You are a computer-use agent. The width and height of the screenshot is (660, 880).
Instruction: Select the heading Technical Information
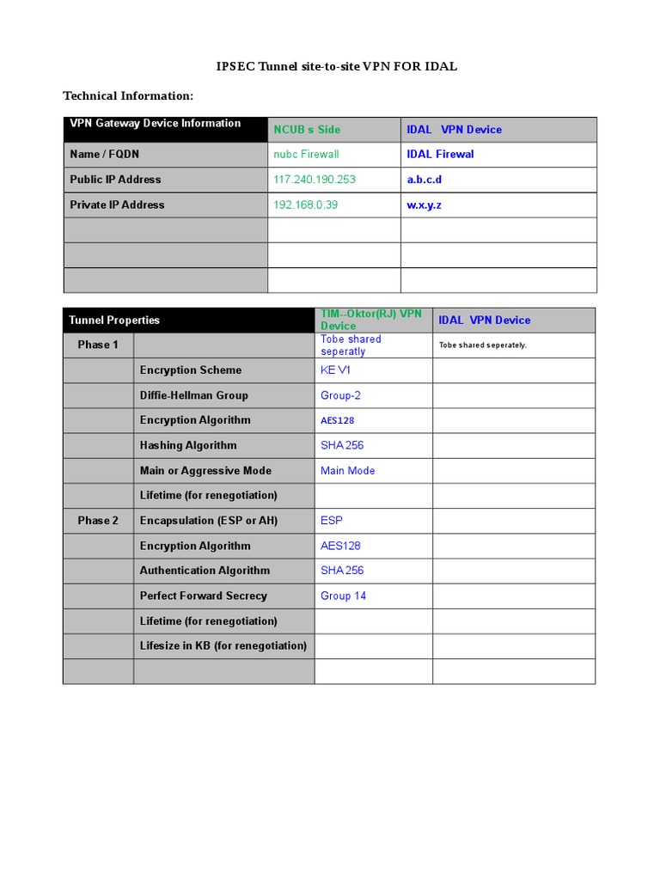pyautogui.click(x=128, y=95)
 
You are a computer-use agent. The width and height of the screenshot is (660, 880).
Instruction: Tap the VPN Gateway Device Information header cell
pyautogui.click(x=156, y=124)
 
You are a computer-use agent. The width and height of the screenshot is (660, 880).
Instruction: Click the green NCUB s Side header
pyautogui.click(x=307, y=130)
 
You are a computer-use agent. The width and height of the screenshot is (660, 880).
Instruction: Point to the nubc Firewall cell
pyautogui.click(x=306, y=155)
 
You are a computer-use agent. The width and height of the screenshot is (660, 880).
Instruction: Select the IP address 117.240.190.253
pyautogui.click(x=314, y=180)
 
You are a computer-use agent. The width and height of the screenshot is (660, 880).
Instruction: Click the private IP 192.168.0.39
pyautogui.click(x=305, y=205)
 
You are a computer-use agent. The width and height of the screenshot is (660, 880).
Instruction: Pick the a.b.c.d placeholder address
pyautogui.click(x=425, y=180)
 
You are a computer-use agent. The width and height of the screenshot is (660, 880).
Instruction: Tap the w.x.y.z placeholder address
pyautogui.click(x=425, y=205)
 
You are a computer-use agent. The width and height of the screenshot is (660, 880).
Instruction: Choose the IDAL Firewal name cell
pyautogui.click(x=440, y=155)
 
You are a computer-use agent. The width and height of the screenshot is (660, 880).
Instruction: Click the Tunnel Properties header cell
pyautogui.click(x=114, y=321)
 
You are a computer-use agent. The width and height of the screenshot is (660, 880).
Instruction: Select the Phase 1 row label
pyautogui.click(x=98, y=345)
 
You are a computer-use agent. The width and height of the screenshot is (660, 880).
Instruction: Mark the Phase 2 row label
pyautogui.click(x=98, y=521)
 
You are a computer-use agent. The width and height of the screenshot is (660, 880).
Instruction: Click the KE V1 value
pyautogui.click(x=336, y=370)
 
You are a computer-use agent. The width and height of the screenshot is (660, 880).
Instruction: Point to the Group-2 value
pyautogui.click(x=340, y=395)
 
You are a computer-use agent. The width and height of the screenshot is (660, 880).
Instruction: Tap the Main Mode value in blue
pyautogui.click(x=347, y=471)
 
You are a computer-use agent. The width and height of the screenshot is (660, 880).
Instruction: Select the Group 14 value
pyautogui.click(x=343, y=596)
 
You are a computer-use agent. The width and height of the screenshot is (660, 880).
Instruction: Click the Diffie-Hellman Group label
pyautogui.click(x=193, y=395)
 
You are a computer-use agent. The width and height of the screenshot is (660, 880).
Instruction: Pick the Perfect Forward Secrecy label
pyautogui.click(x=203, y=596)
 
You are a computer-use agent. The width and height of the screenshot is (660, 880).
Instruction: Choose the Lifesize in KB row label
pyautogui.click(x=223, y=646)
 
